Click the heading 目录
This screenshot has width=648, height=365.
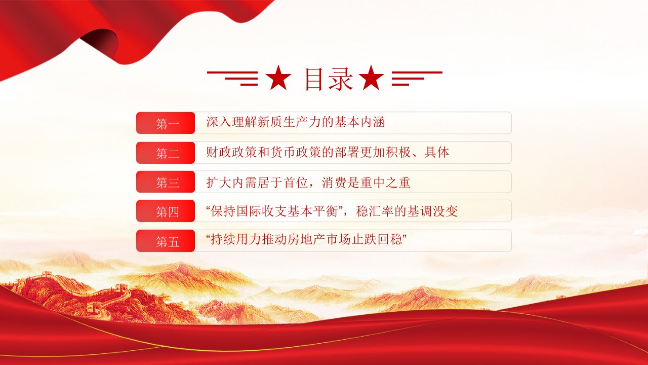click(329, 79)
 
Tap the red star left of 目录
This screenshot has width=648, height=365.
click(278, 78)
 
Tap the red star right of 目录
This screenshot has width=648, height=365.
click(371, 78)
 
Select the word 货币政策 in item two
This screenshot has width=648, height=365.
click(296, 152)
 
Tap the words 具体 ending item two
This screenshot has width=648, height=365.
click(436, 152)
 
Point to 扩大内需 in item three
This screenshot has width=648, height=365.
click(231, 182)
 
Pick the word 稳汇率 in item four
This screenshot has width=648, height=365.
click(375, 211)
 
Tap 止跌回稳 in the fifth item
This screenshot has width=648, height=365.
click(377, 240)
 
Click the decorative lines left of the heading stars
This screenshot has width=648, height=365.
click(232, 78)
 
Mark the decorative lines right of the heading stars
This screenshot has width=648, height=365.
click(417, 78)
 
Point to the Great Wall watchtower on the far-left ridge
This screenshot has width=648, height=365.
click(46, 274)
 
